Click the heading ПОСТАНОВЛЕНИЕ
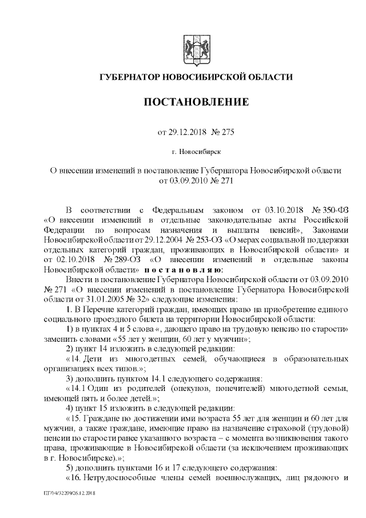(196, 102)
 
